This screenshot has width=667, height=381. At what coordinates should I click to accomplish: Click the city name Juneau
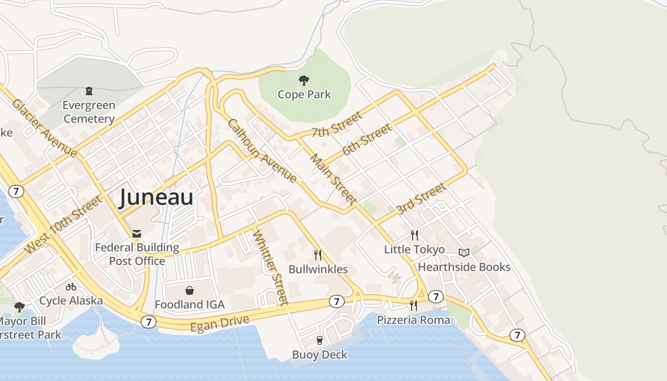tap(156, 197)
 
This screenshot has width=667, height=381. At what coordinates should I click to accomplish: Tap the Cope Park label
tap(304, 94)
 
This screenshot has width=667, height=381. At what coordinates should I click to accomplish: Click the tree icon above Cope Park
tap(304, 80)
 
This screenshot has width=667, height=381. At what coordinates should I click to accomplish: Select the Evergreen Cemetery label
tap(89, 112)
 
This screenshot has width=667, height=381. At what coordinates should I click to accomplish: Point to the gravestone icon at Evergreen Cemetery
tap(89, 90)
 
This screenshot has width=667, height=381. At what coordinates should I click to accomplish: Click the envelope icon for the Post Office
tap(137, 233)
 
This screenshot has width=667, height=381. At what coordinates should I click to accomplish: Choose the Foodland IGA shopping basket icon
tap(190, 291)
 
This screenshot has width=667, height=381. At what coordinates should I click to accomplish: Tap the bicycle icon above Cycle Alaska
tap(71, 287)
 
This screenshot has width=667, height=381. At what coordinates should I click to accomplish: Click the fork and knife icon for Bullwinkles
tap(318, 255)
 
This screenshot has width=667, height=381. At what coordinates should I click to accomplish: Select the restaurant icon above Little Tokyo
tap(414, 235)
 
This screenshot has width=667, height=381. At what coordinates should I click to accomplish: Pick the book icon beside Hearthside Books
tap(464, 252)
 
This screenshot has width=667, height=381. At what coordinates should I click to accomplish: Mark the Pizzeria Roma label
tap(414, 320)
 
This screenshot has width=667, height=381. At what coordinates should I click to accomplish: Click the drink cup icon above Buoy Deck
tap(320, 340)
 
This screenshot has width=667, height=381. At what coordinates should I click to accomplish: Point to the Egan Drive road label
tap(220, 323)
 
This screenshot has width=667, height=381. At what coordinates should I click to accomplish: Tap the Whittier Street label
tap(270, 267)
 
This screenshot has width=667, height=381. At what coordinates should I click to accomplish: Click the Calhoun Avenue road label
tap(262, 150)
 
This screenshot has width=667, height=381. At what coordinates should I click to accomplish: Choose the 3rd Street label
tap(421, 198)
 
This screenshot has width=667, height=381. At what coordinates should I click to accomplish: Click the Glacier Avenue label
tap(44, 128)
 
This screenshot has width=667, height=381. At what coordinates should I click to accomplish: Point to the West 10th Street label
tap(63, 224)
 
